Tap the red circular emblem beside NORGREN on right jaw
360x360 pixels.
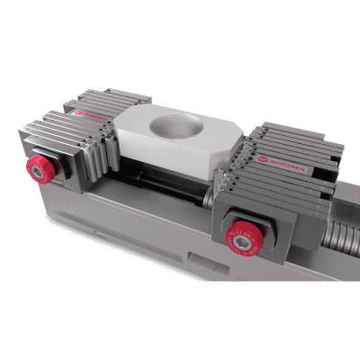261,157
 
